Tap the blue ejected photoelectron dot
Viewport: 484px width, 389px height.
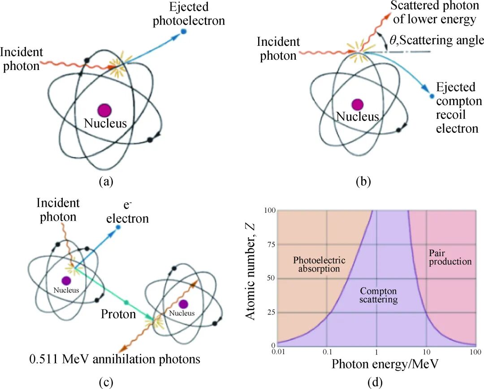click(183, 31)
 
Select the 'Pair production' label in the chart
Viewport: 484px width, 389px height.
click(450, 257)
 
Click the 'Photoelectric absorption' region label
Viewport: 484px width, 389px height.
click(319, 264)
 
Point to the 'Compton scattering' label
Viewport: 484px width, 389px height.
click(379, 295)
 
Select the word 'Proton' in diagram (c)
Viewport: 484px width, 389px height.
click(118, 314)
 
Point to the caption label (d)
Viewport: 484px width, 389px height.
click(374, 382)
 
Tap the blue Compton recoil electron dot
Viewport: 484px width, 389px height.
click(431, 96)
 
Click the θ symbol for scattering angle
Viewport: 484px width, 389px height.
click(393, 40)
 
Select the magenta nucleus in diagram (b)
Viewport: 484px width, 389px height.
click(357, 105)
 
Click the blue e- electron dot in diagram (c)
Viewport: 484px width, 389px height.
click(118, 227)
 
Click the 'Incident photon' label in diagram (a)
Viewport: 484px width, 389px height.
click(22, 59)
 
